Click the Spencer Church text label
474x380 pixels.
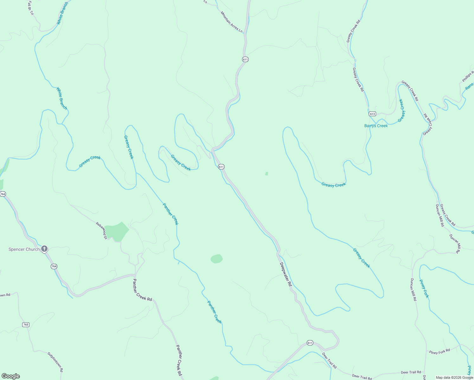click(24, 249)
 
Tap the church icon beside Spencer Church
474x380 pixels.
click(45, 249)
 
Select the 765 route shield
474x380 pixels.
click(26, 325)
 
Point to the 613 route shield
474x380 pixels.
click(372, 114)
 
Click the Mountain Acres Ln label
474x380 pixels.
click(232, 22)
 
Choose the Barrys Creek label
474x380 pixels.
click(376, 126)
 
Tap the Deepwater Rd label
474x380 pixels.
click(285, 275)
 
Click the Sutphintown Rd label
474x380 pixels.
click(55, 362)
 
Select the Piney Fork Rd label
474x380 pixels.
click(439, 351)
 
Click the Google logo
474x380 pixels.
click(10, 376)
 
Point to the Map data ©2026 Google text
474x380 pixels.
click(454, 377)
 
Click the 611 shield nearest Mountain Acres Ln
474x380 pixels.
click(245, 59)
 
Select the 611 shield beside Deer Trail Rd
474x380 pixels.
click(310, 343)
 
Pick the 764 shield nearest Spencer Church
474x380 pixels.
click(54, 266)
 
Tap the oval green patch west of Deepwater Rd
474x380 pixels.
click(216, 259)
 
